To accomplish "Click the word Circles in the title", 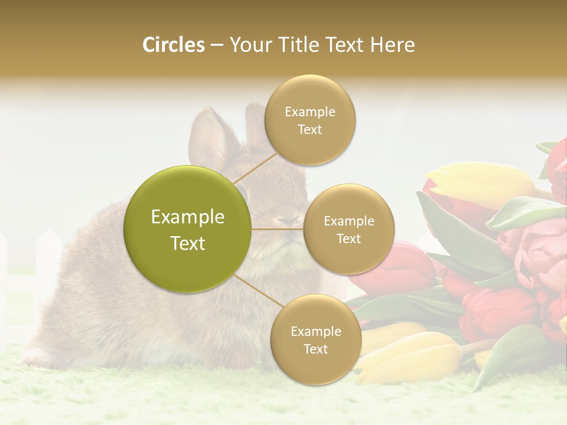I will (x=174, y=45).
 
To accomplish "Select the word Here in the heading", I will (x=392, y=45).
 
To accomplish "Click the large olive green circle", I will (x=188, y=229).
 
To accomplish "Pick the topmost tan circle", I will (x=310, y=120).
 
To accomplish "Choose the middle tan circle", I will (x=349, y=229).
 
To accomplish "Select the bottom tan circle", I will (x=315, y=339).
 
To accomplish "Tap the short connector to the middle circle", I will (x=278, y=229).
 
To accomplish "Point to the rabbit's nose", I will (x=289, y=222).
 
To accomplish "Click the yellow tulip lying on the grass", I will (x=408, y=354).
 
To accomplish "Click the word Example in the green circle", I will (x=188, y=217).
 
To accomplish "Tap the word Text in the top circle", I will (x=310, y=130).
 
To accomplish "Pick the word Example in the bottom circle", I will (x=316, y=331).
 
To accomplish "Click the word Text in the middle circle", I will (x=349, y=238).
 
